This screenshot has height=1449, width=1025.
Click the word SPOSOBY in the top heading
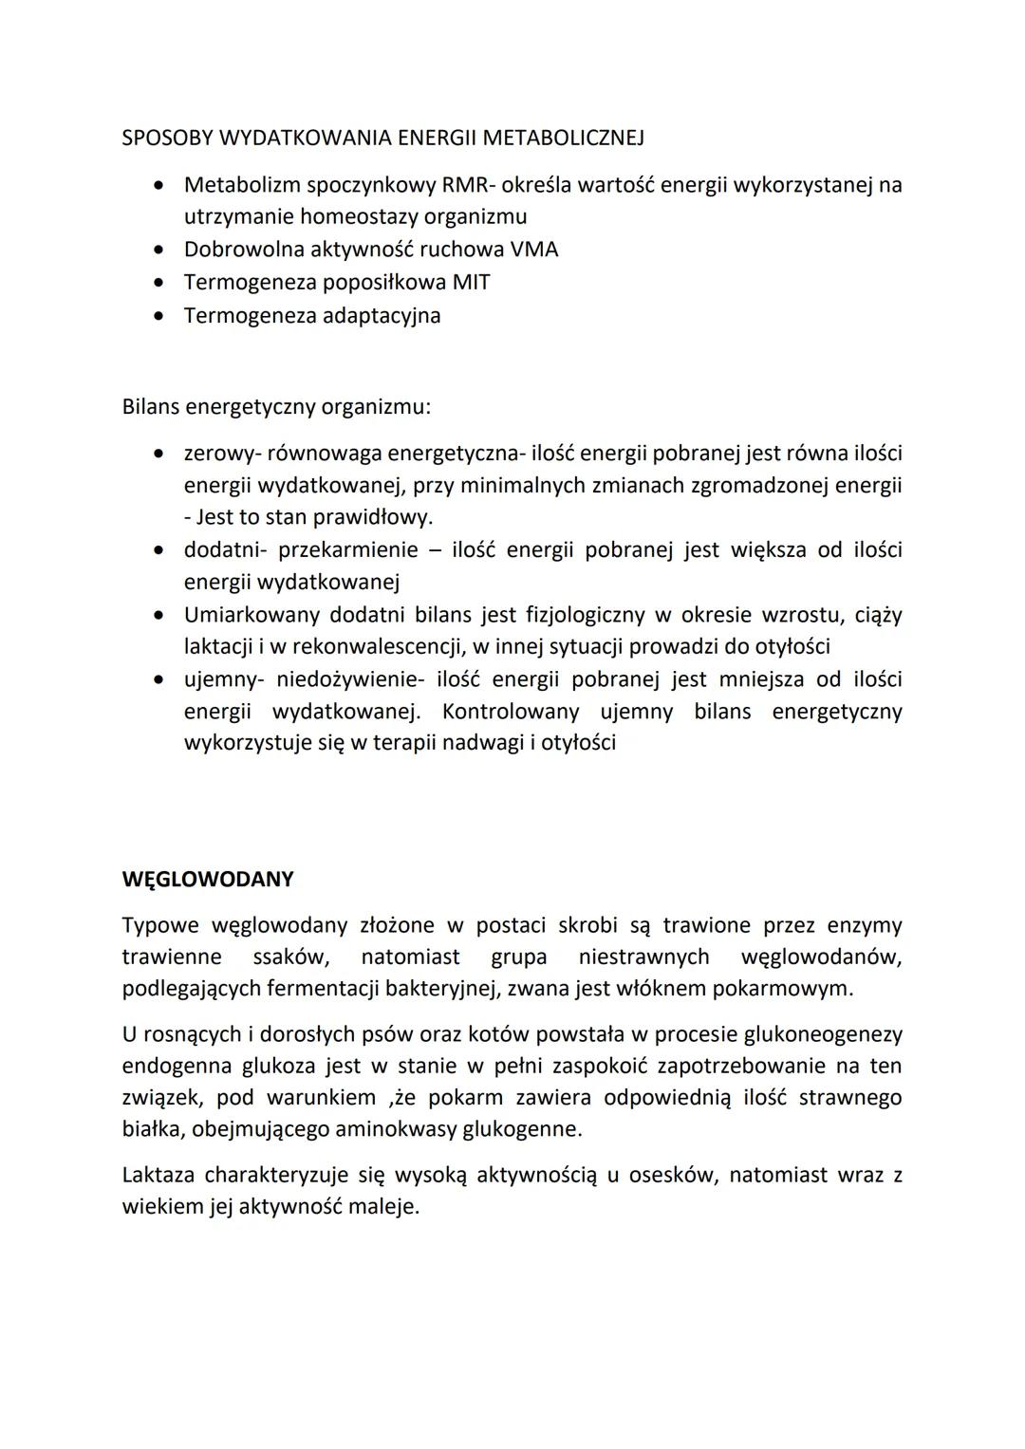pos(167,138)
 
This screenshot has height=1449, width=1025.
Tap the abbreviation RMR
pos(463,184)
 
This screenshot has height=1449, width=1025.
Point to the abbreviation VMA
pos(534,250)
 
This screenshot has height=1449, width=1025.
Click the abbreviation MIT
pos(471,283)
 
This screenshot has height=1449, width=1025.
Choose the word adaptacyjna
pos(382,315)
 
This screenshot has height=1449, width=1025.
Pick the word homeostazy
pos(360,216)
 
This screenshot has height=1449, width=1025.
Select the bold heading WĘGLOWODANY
pos(208,879)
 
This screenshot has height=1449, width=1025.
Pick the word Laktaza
pos(158,1175)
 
